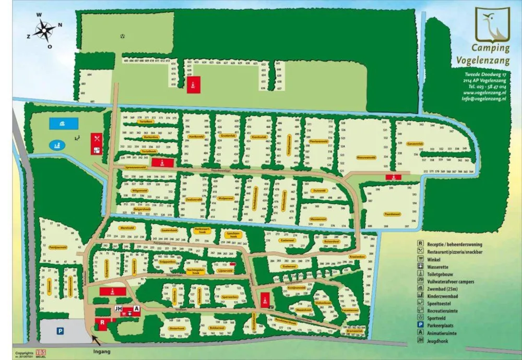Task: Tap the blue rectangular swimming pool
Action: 63,124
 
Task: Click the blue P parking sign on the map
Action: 60,330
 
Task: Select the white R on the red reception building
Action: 103,322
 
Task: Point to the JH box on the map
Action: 118,309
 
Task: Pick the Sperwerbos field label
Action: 230,296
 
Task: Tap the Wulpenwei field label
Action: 225,198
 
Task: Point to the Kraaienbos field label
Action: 357,257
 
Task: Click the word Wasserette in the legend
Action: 437,266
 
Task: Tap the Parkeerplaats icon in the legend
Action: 420,325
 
